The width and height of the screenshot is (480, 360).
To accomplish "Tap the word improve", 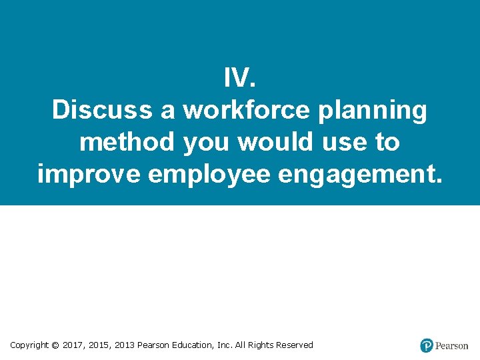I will pos(88,174).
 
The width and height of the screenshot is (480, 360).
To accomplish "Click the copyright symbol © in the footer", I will pos(55,345).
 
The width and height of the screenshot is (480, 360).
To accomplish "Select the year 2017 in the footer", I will pos(74,345).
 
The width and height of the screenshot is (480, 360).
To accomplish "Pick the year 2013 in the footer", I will pos(125,345).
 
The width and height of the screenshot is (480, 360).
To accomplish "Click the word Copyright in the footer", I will pos(29,345).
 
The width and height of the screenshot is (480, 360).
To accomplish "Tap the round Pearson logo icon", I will pos(427,345).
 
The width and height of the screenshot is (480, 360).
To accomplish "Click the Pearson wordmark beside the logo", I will pos(452,346).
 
